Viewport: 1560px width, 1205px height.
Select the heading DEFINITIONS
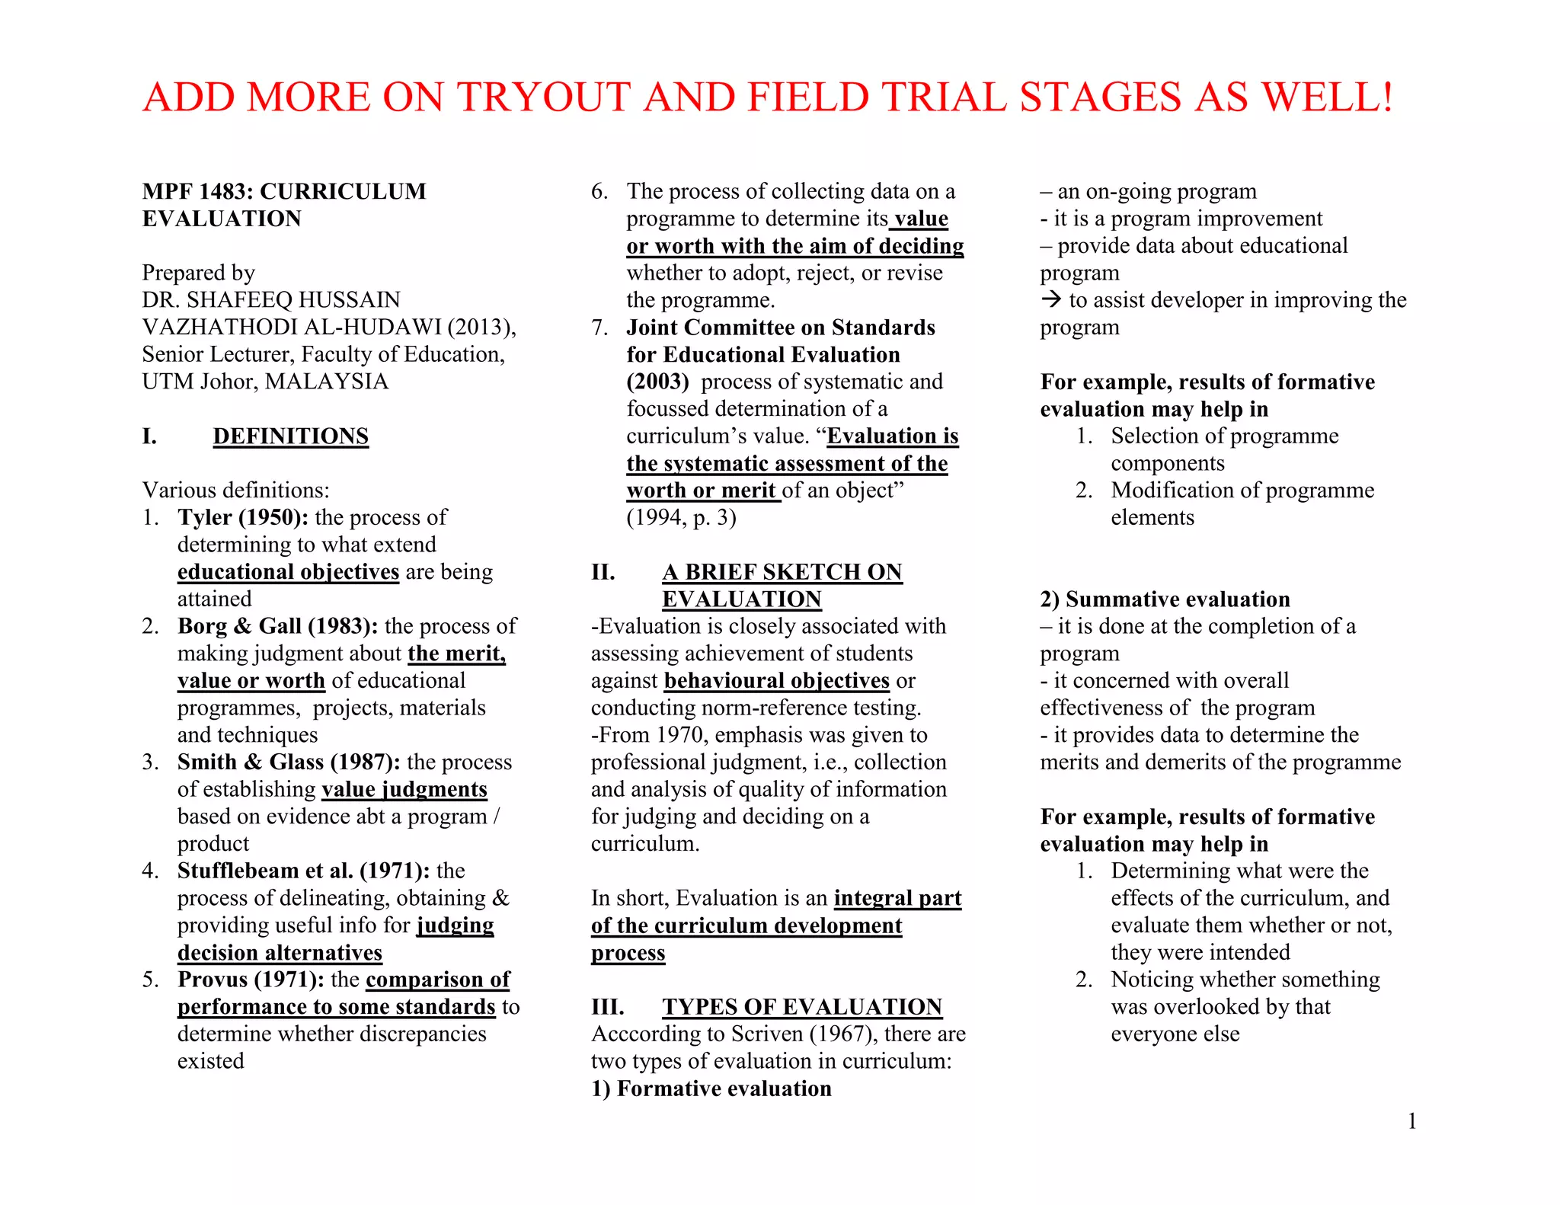[290, 436]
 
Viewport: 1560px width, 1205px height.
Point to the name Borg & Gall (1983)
[277, 627]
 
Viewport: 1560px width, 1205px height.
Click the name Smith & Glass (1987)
[289, 762]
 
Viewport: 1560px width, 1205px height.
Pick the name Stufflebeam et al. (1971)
[303, 871]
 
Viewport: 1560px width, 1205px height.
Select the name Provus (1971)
[251, 980]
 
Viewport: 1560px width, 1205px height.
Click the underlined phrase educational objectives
[288, 572]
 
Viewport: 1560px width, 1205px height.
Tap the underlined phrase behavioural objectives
[776, 681]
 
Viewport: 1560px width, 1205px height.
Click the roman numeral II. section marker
[603, 572]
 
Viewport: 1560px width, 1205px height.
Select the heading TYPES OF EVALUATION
[801, 1007]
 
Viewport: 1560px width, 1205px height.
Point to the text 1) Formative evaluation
[711, 1089]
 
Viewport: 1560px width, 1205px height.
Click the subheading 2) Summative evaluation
[1165, 599]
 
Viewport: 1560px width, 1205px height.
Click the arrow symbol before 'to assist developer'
[1051, 300]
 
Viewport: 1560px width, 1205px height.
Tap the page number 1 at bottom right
[1411, 1121]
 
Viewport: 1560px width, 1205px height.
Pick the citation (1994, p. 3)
[681, 518]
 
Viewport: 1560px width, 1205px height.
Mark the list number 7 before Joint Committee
[599, 328]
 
